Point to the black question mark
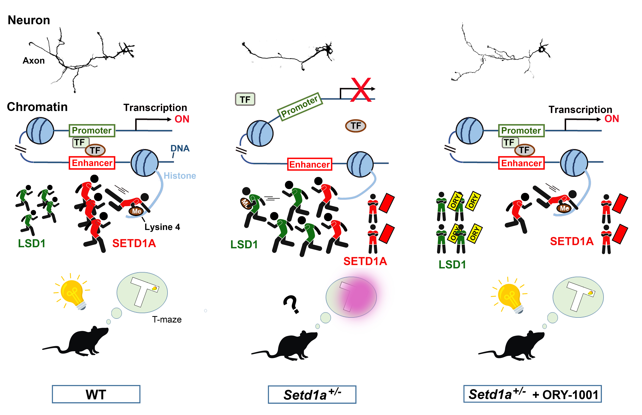(x=291, y=304)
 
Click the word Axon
(x=34, y=61)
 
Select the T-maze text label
(x=167, y=320)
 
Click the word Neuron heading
(x=29, y=20)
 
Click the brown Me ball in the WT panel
(x=136, y=211)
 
